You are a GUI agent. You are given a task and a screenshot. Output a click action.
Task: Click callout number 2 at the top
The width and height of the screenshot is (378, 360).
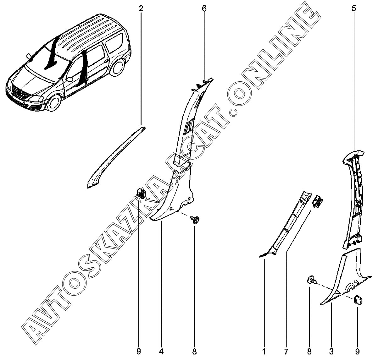coord(141,8)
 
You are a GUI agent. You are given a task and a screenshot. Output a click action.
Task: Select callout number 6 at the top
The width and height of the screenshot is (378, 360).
coord(204,8)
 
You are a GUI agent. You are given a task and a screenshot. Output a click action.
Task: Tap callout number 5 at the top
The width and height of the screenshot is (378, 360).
coord(354,8)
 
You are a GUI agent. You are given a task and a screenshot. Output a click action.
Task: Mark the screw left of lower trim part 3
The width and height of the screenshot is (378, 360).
coord(311,279)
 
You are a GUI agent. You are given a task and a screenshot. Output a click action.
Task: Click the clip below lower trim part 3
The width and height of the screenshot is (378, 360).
coord(358,300)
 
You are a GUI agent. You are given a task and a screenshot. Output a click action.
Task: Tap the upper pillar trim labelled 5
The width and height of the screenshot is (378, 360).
coord(354,195)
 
